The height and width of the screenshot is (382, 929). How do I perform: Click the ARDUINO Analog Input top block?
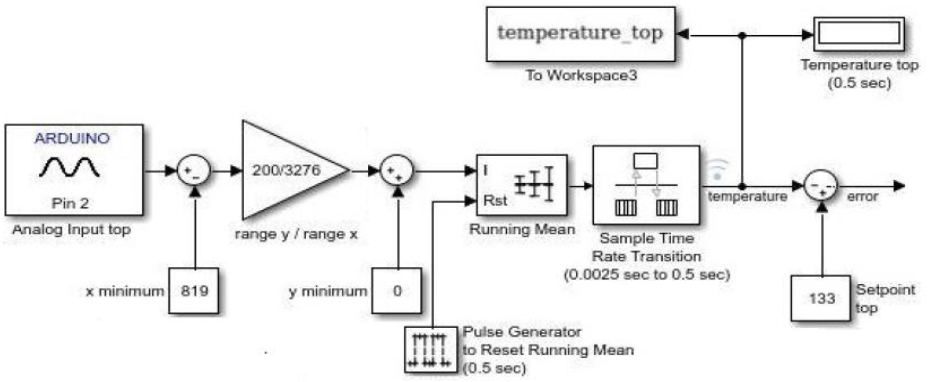(74, 170)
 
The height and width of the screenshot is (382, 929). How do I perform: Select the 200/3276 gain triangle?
(287, 170)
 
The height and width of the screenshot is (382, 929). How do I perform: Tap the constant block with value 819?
(194, 291)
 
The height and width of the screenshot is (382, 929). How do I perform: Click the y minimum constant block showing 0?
(397, 291)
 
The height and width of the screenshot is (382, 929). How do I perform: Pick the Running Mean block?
(521, 185)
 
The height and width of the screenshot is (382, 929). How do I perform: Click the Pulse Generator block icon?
(431, 349)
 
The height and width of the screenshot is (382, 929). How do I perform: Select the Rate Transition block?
(646, 185)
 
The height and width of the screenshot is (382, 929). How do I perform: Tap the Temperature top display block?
(859, 34)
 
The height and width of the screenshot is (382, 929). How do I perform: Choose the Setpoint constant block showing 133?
(821, 298)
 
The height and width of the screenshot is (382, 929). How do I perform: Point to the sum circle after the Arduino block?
(194, 171)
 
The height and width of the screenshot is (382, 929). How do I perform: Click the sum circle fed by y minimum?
(397, 171)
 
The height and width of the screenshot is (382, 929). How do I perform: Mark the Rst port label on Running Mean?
(495, 201)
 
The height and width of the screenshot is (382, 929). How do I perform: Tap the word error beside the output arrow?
(862, 197)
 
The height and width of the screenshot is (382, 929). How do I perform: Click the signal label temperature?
(747, 197)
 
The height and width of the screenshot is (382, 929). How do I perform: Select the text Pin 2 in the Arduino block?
(70, 203)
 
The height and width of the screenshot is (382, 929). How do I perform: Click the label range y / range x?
(296, 234)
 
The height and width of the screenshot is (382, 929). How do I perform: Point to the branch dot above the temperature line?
(742, 35)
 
